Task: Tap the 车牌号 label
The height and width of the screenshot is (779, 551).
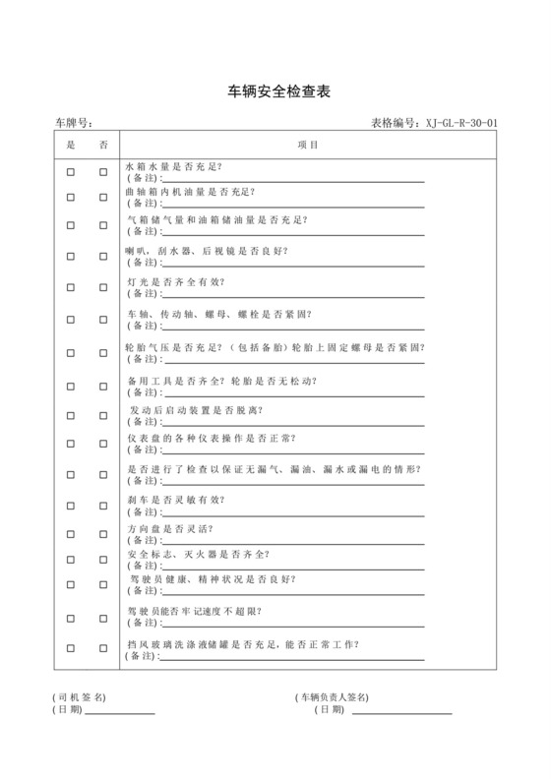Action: point(73,123)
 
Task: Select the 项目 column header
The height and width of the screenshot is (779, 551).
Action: point(308,145)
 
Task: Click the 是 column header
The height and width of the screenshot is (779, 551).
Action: point(70,145)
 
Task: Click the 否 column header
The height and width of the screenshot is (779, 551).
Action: point(102,145)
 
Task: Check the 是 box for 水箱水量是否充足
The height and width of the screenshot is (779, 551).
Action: point(71,172)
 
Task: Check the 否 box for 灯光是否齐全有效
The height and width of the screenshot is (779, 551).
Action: point(102,288)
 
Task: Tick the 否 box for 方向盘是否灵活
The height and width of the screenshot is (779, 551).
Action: point(102,534)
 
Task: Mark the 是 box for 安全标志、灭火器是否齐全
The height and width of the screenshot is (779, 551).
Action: point(71,560)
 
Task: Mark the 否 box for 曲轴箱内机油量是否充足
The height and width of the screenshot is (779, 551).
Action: point(102,197)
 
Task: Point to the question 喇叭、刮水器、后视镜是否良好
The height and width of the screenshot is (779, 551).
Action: point(208,250)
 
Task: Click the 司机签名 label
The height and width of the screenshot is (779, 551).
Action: point(79,696)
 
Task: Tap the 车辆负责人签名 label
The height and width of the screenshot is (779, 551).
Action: point(332,696)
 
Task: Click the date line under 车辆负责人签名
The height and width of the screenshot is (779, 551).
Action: point(401,712)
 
